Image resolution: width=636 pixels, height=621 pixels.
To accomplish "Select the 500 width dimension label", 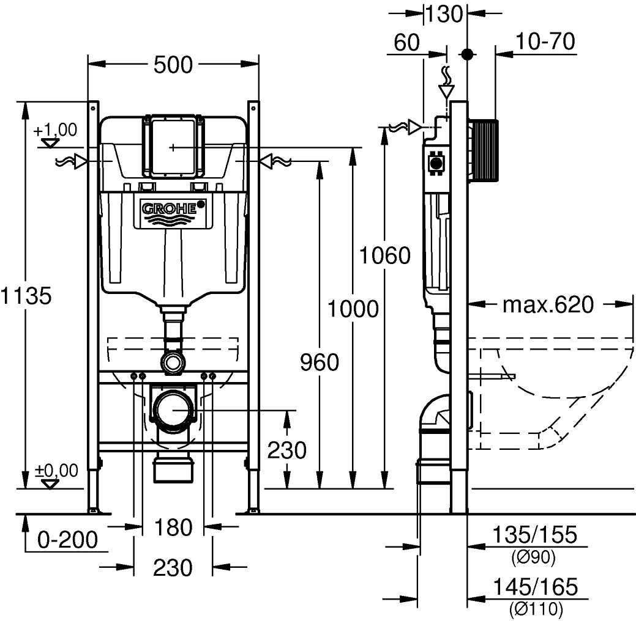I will pos(173,65).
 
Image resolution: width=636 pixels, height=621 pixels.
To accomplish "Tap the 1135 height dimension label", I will pos(24,296).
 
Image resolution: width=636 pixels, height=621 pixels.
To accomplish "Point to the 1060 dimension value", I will pos(384,255).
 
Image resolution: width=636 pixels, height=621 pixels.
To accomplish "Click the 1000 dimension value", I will pos(352,309).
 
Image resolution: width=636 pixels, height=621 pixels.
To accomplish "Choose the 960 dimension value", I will pos(319,363).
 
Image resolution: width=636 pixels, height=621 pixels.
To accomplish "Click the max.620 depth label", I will pos(548,304).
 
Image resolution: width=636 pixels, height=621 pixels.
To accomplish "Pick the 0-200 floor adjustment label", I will pos(67,540).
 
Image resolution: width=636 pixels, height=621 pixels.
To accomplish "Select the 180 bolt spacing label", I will pos(173,527).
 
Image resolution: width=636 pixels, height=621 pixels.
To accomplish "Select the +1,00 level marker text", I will pos(55,130).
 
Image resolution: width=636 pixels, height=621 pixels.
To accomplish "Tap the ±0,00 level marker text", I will pos(56,471).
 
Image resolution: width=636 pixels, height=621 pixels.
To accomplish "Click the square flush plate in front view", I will pos(173,147).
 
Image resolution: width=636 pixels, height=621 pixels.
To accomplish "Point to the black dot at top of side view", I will pos(468,54).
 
